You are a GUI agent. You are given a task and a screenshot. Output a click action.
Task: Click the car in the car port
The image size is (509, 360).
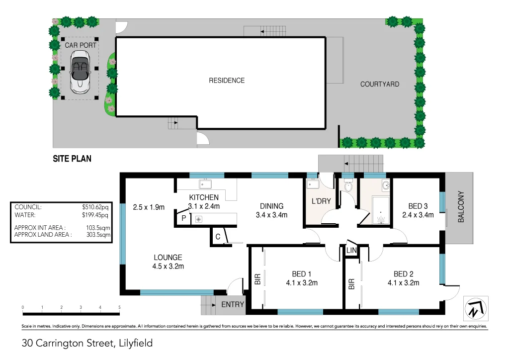(80, 74)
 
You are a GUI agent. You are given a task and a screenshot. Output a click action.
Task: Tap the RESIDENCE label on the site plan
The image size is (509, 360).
(227, 81)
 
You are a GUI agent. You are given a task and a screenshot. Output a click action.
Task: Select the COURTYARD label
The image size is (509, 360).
(380, 84)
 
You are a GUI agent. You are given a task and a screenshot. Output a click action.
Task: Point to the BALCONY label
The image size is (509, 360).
(461, 207)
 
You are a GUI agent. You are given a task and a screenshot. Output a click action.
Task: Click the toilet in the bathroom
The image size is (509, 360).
(347, 186)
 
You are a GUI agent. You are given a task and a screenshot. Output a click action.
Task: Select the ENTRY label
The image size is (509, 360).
(233, 304)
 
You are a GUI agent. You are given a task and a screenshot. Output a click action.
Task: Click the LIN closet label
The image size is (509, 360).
(352, 251)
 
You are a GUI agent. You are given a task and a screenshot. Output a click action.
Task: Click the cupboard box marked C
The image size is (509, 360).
(218, 237)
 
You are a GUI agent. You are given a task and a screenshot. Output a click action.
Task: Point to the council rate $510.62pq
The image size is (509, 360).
(95, 207)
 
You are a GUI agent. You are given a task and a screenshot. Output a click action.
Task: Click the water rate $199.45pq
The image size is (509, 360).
(95, 215)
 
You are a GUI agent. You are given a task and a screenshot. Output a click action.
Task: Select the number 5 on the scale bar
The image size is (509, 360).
(120, 308)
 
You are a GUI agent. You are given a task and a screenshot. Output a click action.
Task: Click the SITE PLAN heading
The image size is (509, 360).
(72, 159)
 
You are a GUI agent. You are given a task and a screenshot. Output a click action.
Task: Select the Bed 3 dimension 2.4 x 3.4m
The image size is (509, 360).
(418, 215)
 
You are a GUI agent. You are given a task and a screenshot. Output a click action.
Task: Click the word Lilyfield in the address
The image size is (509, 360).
(135, 343)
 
